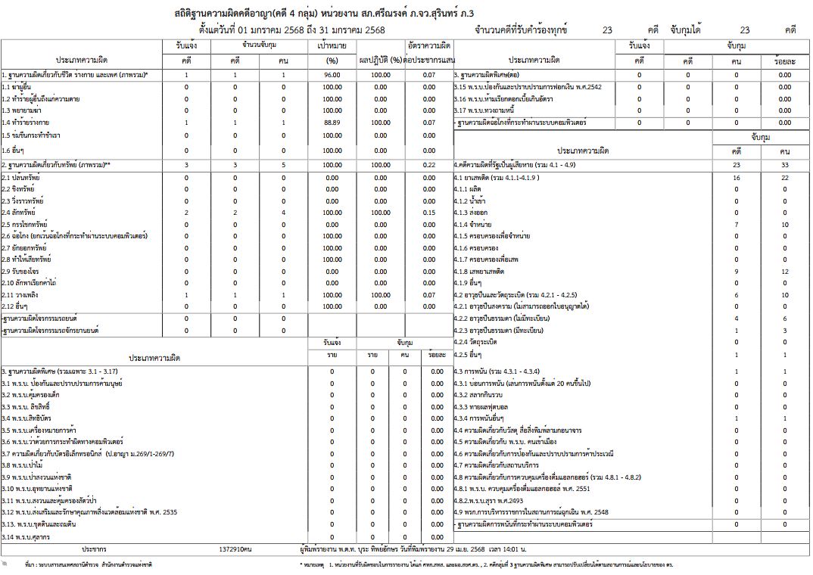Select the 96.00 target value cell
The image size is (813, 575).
(x=331, y=76)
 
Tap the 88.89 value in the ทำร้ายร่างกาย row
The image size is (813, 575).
(x=331, y=123)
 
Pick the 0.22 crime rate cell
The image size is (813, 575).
(x=429, y=165)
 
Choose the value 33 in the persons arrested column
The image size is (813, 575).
(x=785, y=165)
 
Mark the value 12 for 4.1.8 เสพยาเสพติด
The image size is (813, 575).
(x=785, y=271)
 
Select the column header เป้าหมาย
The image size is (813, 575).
(x=331, y=46)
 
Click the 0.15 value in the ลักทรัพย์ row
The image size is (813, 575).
(x=429, y=213)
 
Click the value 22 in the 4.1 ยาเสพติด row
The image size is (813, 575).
(x=785, y=177)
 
